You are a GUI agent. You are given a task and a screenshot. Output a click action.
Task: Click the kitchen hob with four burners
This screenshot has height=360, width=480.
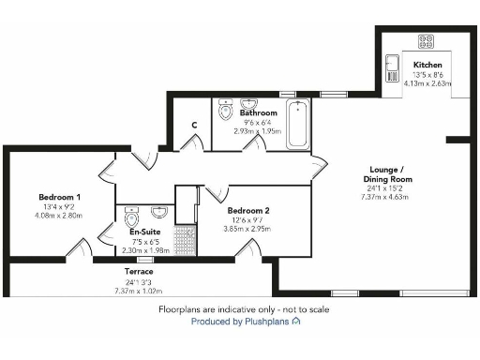pos(425,41)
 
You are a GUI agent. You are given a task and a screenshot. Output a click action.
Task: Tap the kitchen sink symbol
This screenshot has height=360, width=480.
pos(391,67)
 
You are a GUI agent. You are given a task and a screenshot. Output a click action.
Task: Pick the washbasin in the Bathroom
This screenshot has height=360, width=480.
pos(249,103)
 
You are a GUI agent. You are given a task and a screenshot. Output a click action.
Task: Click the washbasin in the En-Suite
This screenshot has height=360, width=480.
pos(158,211)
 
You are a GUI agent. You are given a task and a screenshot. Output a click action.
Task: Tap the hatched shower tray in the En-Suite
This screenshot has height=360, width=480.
pos(185,239)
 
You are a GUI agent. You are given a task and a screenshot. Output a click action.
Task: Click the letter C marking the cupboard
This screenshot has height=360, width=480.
pos(193,125)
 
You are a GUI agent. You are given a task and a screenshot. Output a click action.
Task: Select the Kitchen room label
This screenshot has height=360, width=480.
pos(427,65)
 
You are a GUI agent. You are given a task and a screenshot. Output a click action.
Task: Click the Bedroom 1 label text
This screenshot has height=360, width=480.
pos(59,197)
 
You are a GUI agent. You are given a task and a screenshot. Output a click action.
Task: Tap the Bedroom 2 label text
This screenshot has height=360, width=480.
pos(247,210)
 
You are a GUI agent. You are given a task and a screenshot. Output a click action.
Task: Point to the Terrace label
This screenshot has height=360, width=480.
pos(139,271)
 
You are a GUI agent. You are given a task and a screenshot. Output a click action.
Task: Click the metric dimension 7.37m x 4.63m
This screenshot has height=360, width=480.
pos(386,198)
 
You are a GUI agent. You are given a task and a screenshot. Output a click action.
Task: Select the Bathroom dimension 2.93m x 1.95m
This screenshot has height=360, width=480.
pos(258,131)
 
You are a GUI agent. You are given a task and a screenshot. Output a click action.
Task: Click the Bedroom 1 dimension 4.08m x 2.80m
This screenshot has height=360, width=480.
pos(59,216)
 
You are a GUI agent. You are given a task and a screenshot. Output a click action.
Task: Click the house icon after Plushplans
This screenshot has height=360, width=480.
pos(296,321)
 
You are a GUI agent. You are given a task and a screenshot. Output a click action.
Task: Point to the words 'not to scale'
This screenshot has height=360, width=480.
pos(303,308)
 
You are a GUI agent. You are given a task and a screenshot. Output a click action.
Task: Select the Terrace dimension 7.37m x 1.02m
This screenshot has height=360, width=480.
pos(139,290)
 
